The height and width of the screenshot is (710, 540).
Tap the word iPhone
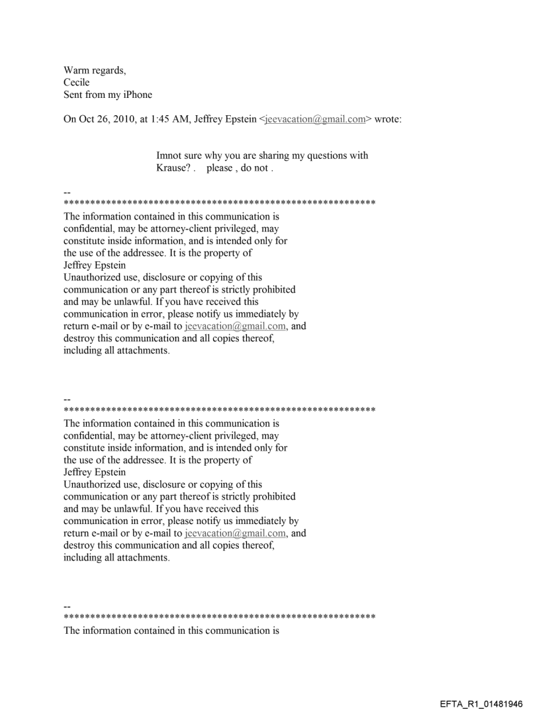tap(135, 95)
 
